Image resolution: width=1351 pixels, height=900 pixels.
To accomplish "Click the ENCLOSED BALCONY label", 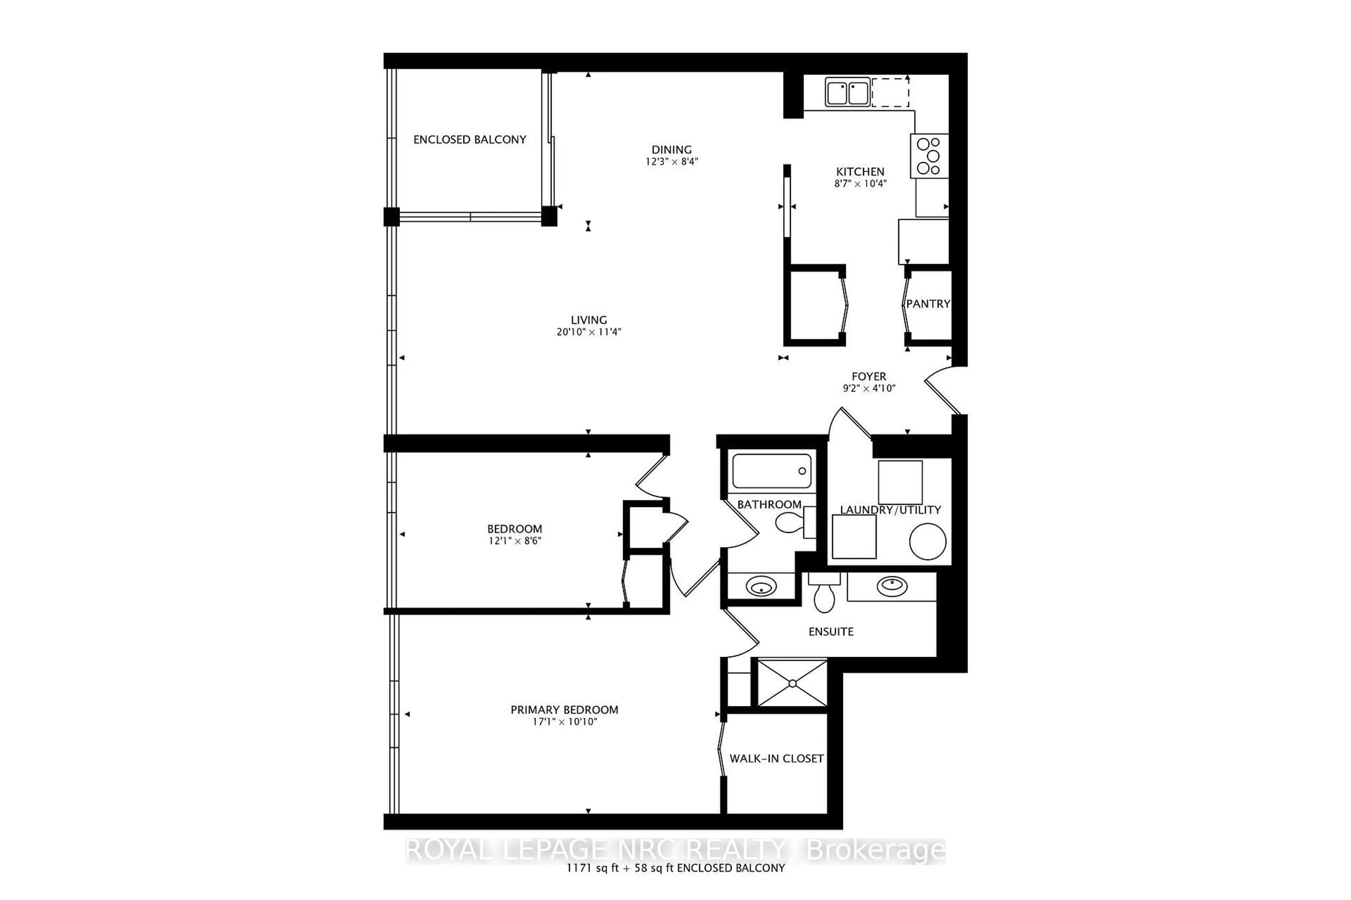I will [469, 140].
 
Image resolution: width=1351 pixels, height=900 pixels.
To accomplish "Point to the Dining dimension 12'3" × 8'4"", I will [672, 162].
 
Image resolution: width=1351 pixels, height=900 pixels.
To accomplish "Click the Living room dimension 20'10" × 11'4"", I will [589, 332].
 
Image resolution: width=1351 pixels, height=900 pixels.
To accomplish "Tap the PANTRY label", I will [928, 304].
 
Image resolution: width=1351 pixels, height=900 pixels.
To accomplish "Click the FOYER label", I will [869, 377].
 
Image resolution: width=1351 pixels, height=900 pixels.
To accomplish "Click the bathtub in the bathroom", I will [772, 471].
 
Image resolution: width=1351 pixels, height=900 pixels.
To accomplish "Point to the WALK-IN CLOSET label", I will [776, 759].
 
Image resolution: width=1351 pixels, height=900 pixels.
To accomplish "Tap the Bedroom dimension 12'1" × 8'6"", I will [515, 541].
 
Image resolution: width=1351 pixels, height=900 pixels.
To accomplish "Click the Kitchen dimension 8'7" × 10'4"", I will [860, 184].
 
